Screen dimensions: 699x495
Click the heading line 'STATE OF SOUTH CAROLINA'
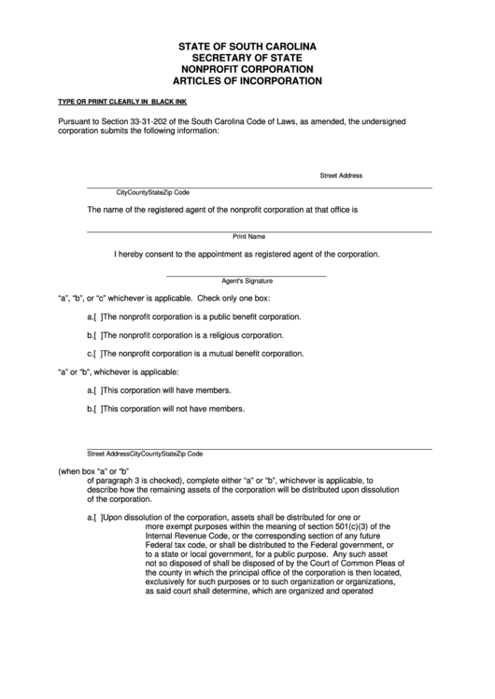point(248,45)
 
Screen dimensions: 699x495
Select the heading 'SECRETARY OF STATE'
point(248,57)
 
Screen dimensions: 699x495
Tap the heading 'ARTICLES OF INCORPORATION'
point(248,81)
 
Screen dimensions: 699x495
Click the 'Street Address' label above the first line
point(341,175)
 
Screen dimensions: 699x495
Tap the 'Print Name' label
point(248,237)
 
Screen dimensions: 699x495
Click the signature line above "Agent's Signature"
point(247,275)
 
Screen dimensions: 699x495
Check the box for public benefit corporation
point(97,317)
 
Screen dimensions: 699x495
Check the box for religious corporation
point(97,335)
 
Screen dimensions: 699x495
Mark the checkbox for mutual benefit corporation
point(97,354)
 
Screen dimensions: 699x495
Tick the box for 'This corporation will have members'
point(97,390)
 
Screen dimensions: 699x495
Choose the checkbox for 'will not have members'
point(97,409)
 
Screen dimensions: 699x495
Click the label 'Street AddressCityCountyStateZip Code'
point(145,454)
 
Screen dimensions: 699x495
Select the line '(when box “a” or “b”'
point(92,470)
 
